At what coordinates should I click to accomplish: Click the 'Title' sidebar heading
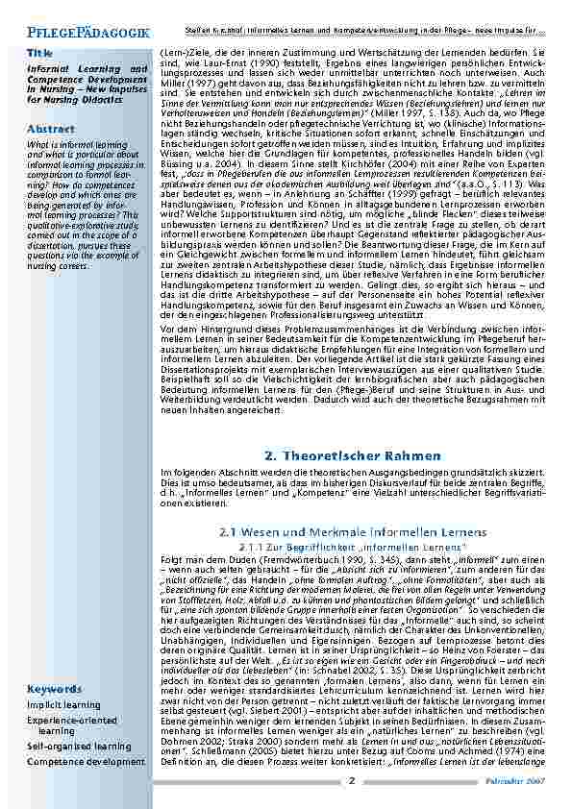40,51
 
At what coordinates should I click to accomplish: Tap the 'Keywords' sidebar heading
54,689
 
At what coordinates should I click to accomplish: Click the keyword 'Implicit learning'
63,704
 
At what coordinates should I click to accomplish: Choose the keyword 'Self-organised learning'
79,745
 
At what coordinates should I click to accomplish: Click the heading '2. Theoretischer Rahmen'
352,454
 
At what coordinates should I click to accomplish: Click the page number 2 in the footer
352,781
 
